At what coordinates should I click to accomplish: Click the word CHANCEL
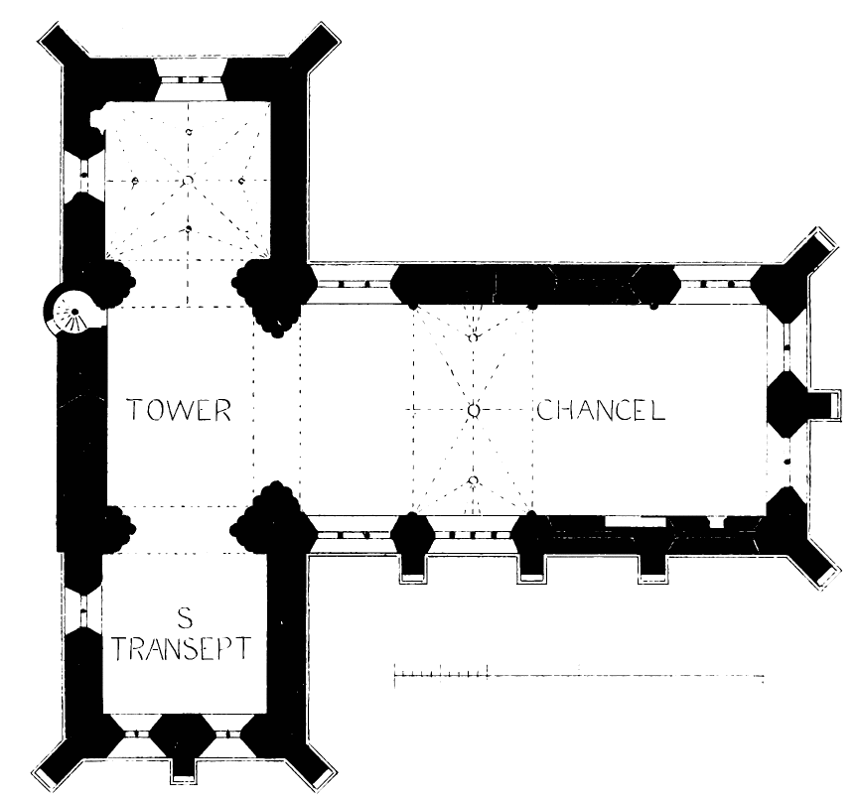[x=601, y=410]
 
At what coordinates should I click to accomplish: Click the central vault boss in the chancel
[x=474, y=410]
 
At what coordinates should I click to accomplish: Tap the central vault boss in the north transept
[x=187, y=181]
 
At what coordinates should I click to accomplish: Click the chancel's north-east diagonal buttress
[x=806, y=253]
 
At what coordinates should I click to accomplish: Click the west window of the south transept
[x=83, y=606]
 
